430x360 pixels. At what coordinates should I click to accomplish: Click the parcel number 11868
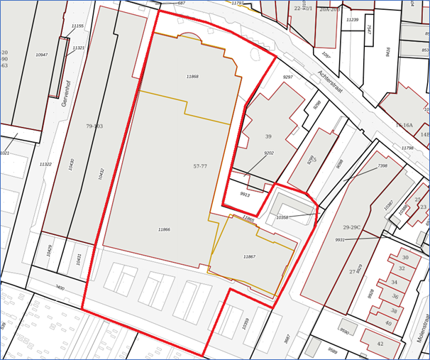192,77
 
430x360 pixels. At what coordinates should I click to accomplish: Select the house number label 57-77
200,166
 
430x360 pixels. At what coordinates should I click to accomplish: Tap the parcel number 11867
249,256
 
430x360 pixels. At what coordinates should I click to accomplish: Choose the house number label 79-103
94,126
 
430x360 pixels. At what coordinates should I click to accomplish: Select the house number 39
268,136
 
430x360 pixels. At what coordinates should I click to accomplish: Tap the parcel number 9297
288,77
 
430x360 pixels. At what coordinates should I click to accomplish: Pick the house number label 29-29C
352,227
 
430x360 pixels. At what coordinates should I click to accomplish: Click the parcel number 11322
45,164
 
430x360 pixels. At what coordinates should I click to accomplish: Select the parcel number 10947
42,55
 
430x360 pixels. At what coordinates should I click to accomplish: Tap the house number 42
380,344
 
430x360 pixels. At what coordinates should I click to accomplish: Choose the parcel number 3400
60,288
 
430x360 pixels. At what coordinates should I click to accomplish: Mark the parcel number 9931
340,240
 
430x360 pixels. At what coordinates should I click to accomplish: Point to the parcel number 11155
77,26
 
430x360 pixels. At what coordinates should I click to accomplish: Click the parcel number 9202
269,153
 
